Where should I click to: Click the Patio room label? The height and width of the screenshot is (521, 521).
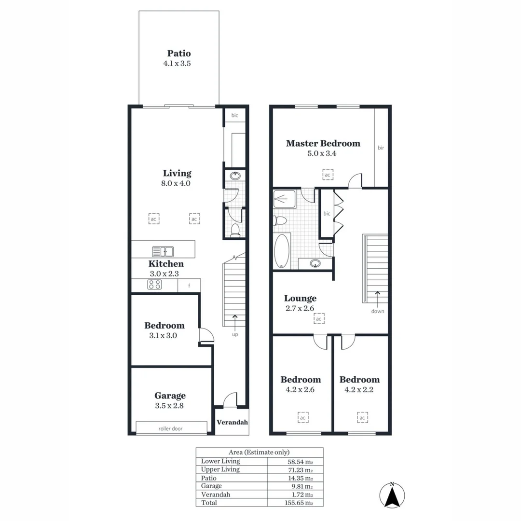(179, 54)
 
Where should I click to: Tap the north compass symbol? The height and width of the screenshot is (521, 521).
(393, 495)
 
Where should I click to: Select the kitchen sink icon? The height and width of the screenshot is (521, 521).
(163, 251)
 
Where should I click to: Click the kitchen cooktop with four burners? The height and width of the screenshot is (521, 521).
(155, 285)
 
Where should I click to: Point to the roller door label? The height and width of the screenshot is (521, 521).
(170, 428)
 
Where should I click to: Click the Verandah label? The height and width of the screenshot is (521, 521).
(232, 422)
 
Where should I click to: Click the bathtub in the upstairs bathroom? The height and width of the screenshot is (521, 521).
(281, 251)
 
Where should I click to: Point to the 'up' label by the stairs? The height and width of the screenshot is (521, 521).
(235, 334)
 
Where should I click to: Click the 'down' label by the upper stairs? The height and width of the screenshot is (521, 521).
(378, 311)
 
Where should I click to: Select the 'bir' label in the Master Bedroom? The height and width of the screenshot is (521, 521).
(381, 148)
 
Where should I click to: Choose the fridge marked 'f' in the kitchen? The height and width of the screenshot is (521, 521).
(189, 286)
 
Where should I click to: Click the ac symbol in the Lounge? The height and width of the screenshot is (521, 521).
(319, 319)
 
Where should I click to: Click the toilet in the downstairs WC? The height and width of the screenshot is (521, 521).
(235, 230)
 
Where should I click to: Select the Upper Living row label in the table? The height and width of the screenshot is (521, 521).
(220, 469)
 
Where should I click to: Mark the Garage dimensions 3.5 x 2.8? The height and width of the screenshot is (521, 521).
(170, 406)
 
